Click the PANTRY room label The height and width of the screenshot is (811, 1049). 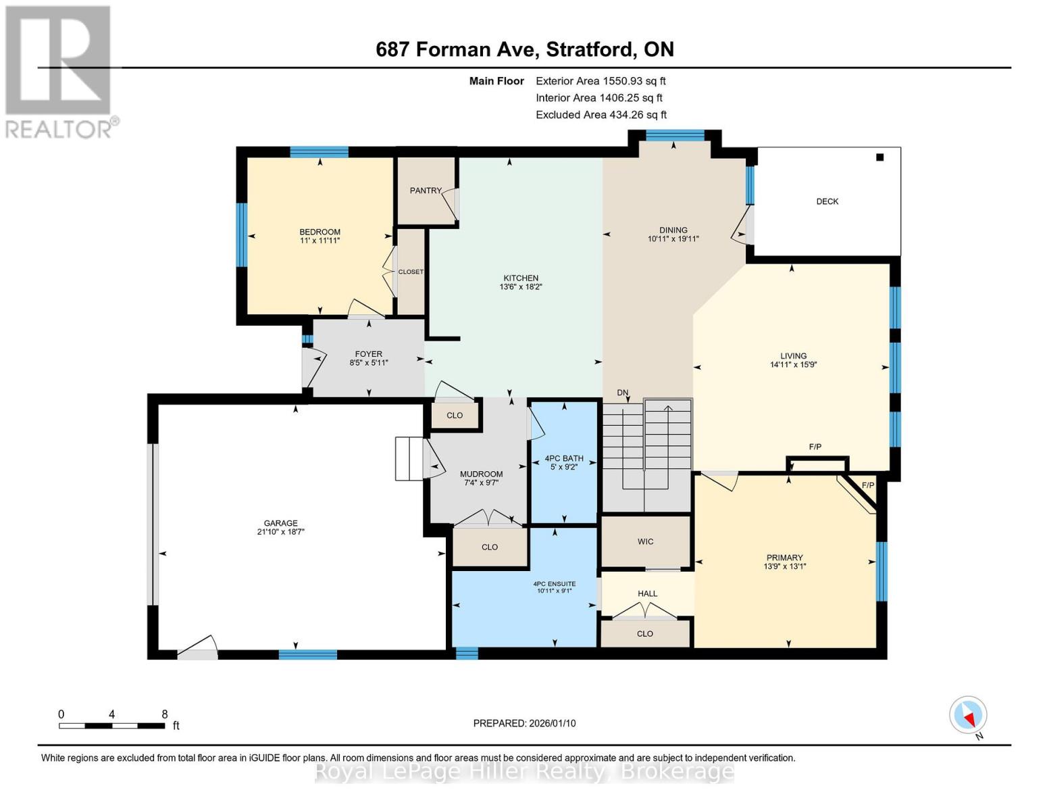[425, 191]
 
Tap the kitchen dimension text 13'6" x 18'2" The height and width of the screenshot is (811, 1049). [520, 287]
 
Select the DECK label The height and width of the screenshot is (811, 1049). [827, 201]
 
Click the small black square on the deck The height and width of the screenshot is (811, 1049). [879, 157]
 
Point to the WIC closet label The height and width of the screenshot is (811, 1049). [645, 541]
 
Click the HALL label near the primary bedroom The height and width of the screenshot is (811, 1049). [647, 593]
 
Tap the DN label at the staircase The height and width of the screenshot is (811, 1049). [622, 393]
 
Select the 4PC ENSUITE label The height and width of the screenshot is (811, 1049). [554, 583]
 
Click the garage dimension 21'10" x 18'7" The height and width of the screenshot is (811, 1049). [280, 532]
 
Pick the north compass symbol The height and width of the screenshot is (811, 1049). [968, 715]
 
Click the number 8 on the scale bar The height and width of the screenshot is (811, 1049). [164, 714]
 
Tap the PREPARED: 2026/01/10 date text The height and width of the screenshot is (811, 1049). [524, 723]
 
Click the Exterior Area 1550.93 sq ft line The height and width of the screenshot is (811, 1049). [600, 80]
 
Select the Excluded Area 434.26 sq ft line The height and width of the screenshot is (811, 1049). [601, 115]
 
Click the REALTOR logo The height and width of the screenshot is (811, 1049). [59, 71]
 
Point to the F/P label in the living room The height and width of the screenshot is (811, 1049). [815, 447]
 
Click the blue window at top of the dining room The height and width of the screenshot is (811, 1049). [674, 135]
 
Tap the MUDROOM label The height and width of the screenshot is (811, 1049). [481, 474]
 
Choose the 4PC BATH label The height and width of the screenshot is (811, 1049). [564, 458]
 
